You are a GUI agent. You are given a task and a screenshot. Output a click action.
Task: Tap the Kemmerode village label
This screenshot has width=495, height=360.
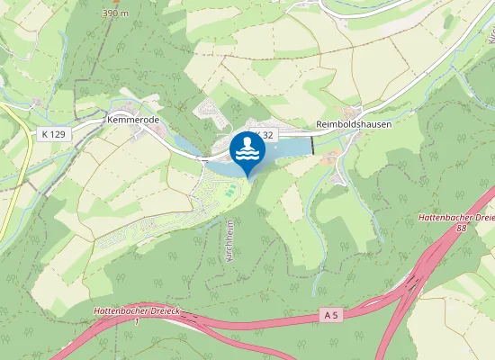pyautogui.click(x=132, y=119)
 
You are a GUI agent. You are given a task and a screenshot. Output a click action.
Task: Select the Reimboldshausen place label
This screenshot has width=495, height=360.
pyautogui.click(x=354, y=124)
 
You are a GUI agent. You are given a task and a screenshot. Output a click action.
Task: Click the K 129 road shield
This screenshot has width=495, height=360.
pyautogui.click(x=54, y=134)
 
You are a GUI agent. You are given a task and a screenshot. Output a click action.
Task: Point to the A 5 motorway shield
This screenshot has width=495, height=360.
pyautogui.click(x=332, y=315)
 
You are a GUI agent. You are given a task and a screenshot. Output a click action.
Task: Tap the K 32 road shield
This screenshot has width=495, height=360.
pyautogui.click(x=262, y=134)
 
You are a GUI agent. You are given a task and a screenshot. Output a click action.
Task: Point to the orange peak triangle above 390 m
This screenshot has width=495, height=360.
pyautogui.click(x=115, y=3)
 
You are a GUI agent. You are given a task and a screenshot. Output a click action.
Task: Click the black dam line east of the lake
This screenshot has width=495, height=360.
pyautogui.click(x=313, y=144)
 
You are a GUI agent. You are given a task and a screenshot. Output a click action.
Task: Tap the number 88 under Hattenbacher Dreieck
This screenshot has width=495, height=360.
pyautogui.click(x=461, y=229)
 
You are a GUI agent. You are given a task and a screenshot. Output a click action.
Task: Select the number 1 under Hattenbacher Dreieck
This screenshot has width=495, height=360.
pyautogui.click(x=137, y=321)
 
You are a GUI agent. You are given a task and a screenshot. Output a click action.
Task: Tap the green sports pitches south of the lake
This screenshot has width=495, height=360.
pyautogui.click(x=230, y=191)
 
